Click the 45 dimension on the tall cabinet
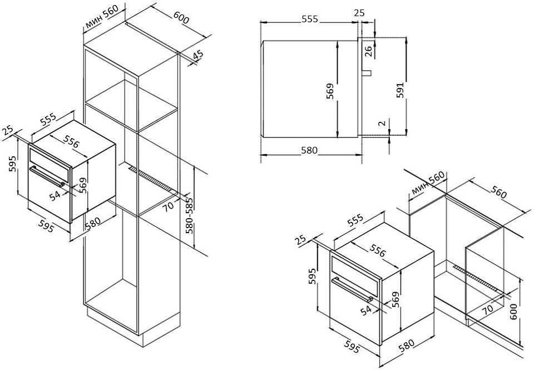tap(198, 56)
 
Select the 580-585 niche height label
tap(190, 216)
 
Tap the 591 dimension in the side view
tap(401, 90)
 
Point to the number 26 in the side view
tap(368, 51)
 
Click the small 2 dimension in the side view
tap(383, 123)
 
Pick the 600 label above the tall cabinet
tap(181, 18)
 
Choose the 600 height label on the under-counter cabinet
tap(513, 312)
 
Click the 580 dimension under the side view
tap(309, 150)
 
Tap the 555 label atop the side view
tap(310, 19)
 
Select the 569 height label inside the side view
tap(330, 91)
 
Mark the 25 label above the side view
tap(359, 13)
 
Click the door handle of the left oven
tap(47, 175)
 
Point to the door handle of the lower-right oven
tap(352, 289)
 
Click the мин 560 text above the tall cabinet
tap(101, 16)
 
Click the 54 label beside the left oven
tap(55, 195)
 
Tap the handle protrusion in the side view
tap(366, 72)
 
